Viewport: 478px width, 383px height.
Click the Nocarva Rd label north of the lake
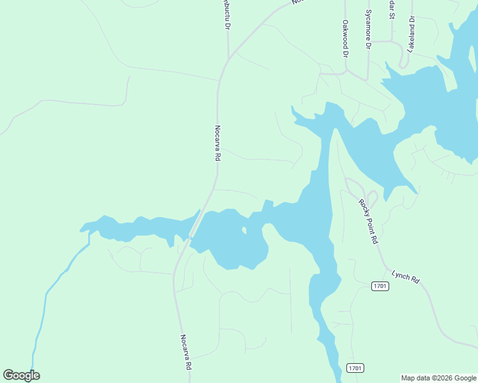[218, 142]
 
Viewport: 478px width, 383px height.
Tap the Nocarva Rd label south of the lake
[186, 352]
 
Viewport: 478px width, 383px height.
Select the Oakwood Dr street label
[345, 39]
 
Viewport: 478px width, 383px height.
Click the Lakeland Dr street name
[412, 34]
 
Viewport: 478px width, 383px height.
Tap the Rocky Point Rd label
[369, 222]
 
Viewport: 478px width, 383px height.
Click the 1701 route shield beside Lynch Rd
[380, 285]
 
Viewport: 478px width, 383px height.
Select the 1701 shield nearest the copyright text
[355, 368]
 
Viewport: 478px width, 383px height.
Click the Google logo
[21, 375]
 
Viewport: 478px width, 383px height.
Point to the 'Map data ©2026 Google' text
[438, 378]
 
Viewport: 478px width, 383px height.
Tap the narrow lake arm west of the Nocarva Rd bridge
[141, 227]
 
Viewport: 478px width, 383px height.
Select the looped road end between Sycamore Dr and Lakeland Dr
[403, 60]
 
